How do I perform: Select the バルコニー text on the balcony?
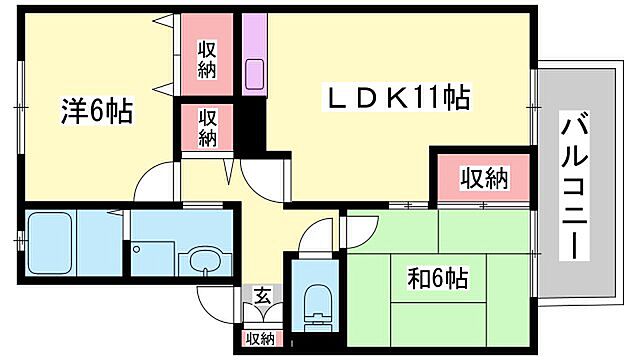tap(574, 186)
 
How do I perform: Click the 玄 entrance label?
tap(260, 296)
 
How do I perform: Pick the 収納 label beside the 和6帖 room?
tap(483, 180)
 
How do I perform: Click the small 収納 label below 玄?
tap(260, 339)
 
